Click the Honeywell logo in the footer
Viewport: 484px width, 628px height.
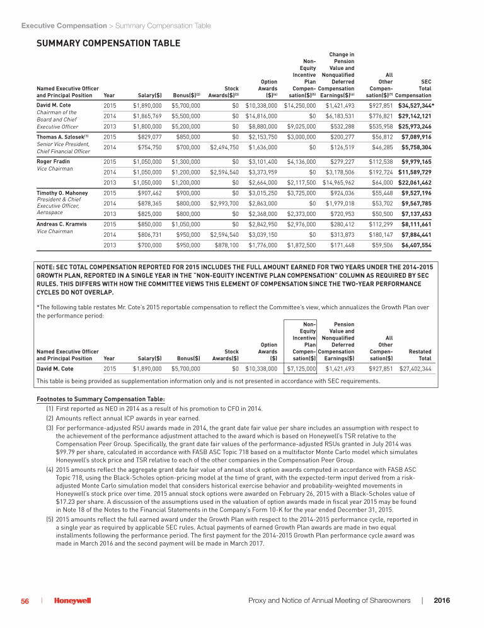pos(72,602)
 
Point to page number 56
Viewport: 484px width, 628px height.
pos(25,602)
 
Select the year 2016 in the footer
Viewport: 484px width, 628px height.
pos(442,602)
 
